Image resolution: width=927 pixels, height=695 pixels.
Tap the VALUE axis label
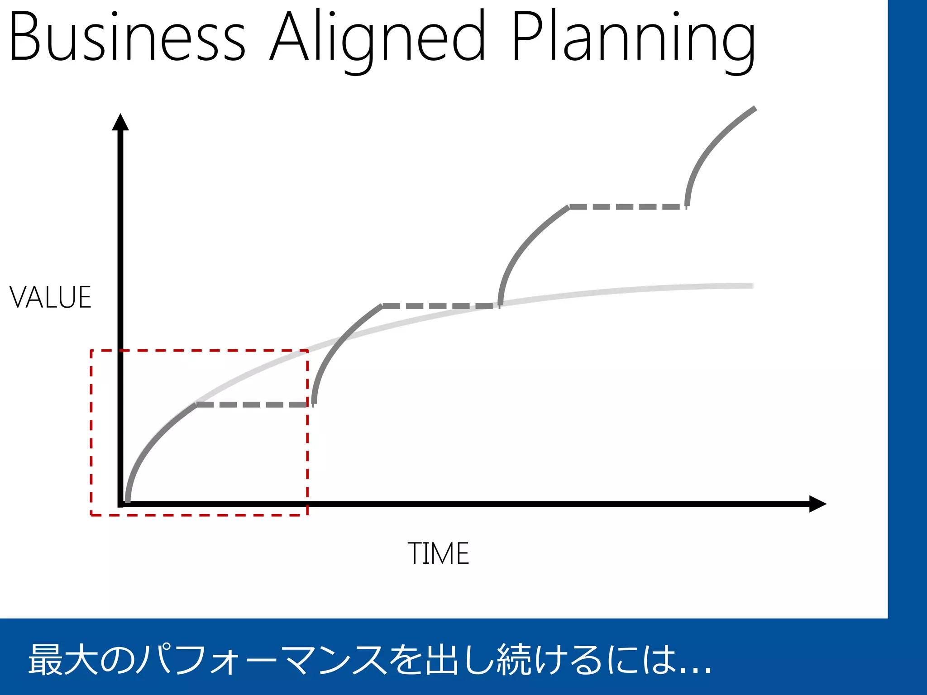pyautogui.click(x=50, y=298)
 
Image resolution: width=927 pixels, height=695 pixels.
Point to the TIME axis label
pyautogui.click(x=438, y=553)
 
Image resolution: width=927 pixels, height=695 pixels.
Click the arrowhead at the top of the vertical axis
pyautogui.click(x=120, y=122)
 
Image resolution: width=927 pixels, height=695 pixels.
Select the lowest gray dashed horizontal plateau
pyautogui.click(x=253, y=405)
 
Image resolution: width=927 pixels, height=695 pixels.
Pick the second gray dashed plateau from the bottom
pyautogui.click(x=440, y=306)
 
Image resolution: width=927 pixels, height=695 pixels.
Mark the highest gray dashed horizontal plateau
pyautogui.click(x=628, y=207)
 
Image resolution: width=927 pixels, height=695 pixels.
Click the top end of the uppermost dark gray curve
pyautogui.click(x=755, y=109)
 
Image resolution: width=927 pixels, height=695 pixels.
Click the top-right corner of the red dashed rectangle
pyautogui.click(x=308, y=350)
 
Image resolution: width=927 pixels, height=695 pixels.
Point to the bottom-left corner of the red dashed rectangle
pyautogui.click(x=91, y=515)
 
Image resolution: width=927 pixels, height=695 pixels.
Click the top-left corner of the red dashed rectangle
pyautogui.click(x=91, y=350)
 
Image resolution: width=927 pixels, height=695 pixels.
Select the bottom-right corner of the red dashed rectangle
pyautogui.click(x=308, y=515)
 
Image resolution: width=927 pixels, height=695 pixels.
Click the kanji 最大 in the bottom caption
pyautogui.click(x=63, y=660)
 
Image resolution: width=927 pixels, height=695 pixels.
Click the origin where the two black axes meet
pyautogui.click(x=121, y=504)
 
